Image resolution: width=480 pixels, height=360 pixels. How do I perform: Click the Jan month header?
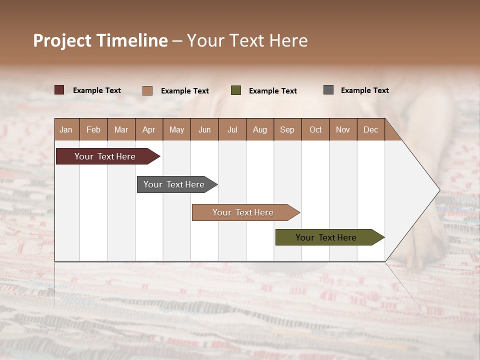point(66,129)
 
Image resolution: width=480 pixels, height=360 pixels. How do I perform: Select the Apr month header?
point(149,129)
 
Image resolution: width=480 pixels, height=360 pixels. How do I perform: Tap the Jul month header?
point(232,129)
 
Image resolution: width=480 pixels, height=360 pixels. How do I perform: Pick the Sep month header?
point(287,129)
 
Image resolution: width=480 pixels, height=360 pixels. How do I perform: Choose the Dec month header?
point(370,129)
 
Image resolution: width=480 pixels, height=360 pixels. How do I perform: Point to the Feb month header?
point(93,129)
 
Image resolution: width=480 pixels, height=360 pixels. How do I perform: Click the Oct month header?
point(315,129)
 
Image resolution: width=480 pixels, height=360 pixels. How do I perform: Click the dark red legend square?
point(59,90)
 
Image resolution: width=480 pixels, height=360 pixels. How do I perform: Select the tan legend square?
point(147,90)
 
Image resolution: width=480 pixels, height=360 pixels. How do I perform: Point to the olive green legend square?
point(236,90)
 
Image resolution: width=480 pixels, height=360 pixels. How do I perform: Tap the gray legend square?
point(328,90)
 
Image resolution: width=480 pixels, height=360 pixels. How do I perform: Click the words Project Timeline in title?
point(100,40)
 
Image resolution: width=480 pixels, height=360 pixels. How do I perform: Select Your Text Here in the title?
point(247,40)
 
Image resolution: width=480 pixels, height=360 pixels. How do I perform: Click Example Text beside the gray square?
point(364,90)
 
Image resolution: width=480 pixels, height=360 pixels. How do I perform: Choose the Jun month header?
point(204,129)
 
